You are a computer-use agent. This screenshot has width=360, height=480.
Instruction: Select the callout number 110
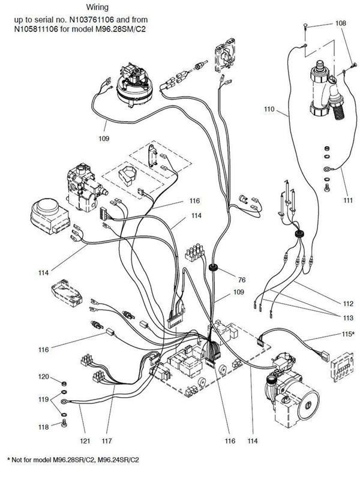point(269,110)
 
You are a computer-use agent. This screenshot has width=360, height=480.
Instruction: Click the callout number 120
point(43,377)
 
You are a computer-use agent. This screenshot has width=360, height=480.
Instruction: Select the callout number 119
point(43,399)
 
